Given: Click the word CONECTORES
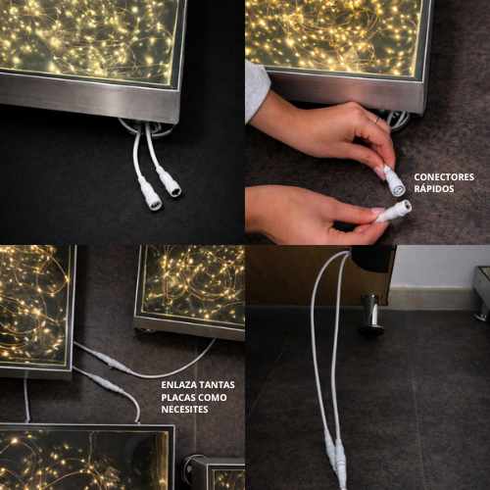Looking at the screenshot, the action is click(444, 177).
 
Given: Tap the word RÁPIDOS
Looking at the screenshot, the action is click(434, 188).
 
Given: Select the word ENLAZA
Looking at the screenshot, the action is click(177, 385).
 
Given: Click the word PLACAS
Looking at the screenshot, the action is click(177, 398).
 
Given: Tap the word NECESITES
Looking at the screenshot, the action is click(184, 410).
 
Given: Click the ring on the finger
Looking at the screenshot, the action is click(377, 119).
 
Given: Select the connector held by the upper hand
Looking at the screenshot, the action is click(395, 180).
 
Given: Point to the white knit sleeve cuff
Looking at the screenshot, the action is click(257, 90).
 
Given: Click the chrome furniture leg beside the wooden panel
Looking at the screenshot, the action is click(370, 315).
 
